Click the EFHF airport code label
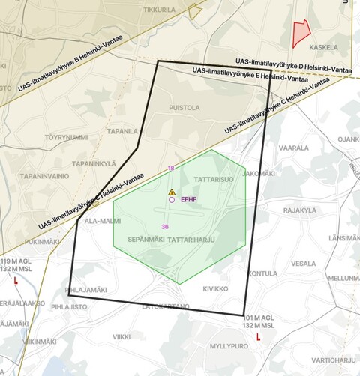tap(188, 200)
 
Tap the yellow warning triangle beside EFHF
tap(172, 192)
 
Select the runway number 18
tap(171, 169)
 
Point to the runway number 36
tap(165, 226)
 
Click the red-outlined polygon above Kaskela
tap(301, 33)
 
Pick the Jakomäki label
tap(259, 173)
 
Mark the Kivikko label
tap(215, 288)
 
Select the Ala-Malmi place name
tap(102, 221)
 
